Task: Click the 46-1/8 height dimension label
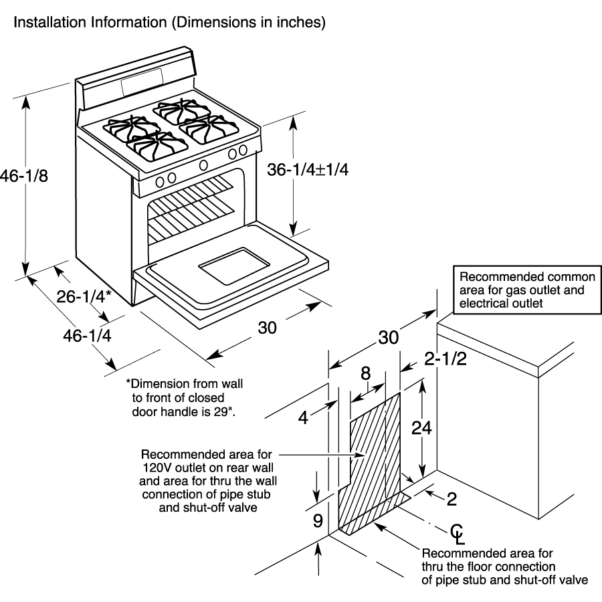coord(24,176)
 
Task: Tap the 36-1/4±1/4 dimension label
coord(308,170)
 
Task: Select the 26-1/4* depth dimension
coord(84,296)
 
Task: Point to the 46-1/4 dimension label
coord(87,336)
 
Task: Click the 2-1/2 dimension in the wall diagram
coord(445,359)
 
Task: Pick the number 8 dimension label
coord(365,373)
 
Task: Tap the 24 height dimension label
coord(421,427)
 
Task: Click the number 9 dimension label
coord(318,521)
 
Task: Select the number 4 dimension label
coord(303,417)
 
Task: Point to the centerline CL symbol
coord(458,534)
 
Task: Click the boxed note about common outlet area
coord(527,290)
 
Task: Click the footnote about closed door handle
coord(185,398)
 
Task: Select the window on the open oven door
coord(234,266)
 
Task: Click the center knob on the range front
coord(203,165)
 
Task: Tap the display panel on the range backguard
coord(142,82)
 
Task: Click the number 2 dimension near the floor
coord(452,499)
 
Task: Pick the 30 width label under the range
coord(267,328)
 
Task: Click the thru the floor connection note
coord(504,567)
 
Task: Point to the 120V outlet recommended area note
coord(208,481)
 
